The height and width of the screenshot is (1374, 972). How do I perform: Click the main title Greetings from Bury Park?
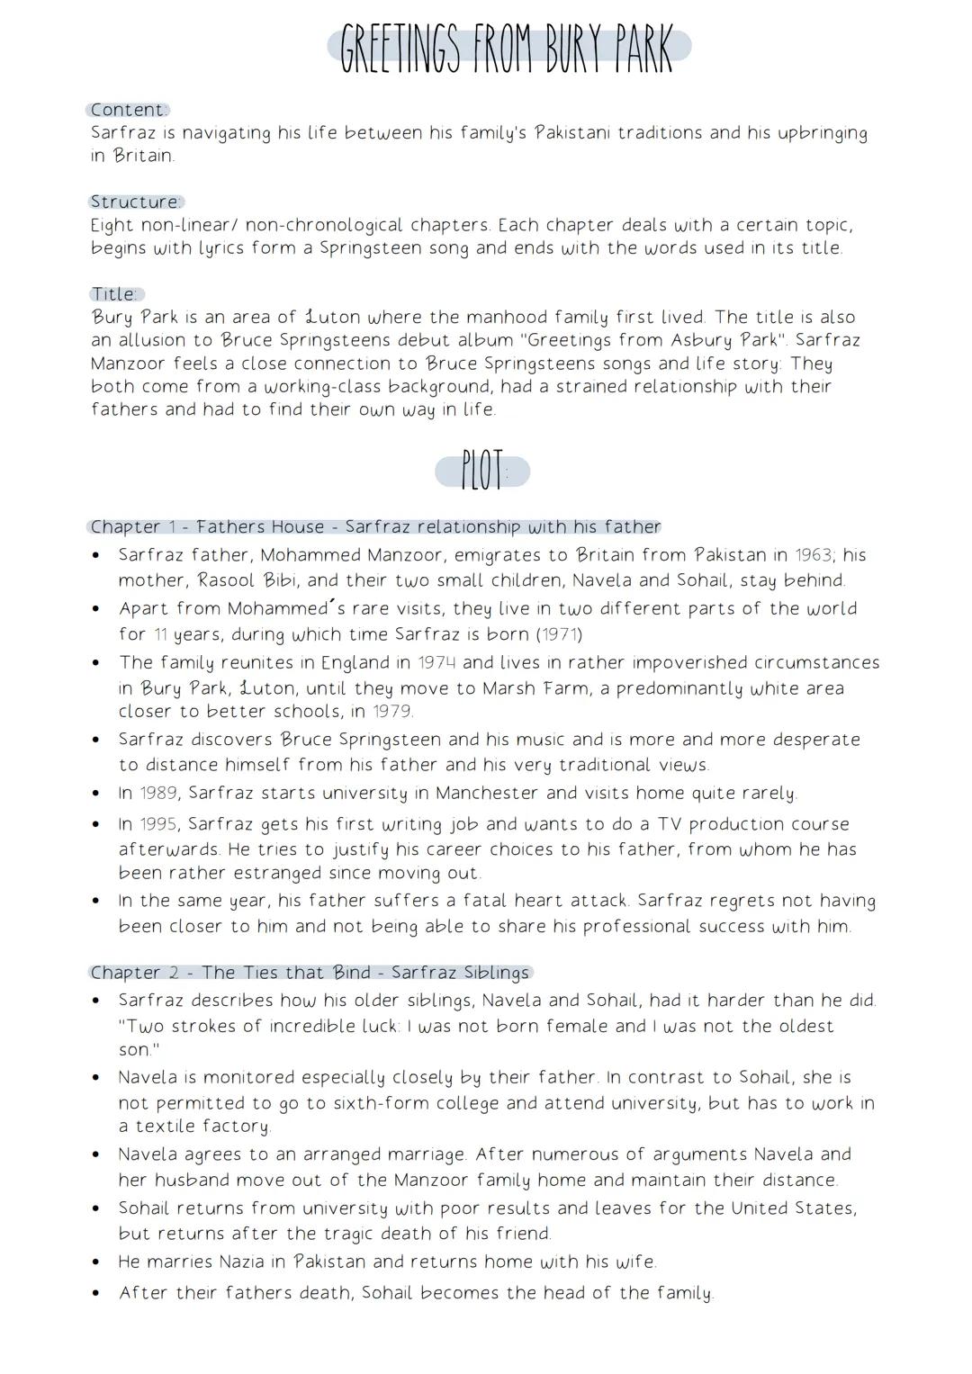point(508,49)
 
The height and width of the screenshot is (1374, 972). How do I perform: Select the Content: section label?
point(129,110)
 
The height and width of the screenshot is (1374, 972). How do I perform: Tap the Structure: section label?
point(137,202)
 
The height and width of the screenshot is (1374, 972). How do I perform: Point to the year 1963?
point(814,555)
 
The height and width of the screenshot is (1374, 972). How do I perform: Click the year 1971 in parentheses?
point(559,634)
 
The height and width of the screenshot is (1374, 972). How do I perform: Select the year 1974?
point(436,663)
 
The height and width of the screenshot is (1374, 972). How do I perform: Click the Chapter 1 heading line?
point(374,526)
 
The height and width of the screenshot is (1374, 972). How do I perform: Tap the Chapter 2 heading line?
point(310,973)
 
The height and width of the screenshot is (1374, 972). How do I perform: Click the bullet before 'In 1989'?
point(96,795)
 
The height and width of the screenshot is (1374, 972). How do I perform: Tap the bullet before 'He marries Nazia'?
point(96,1262)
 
